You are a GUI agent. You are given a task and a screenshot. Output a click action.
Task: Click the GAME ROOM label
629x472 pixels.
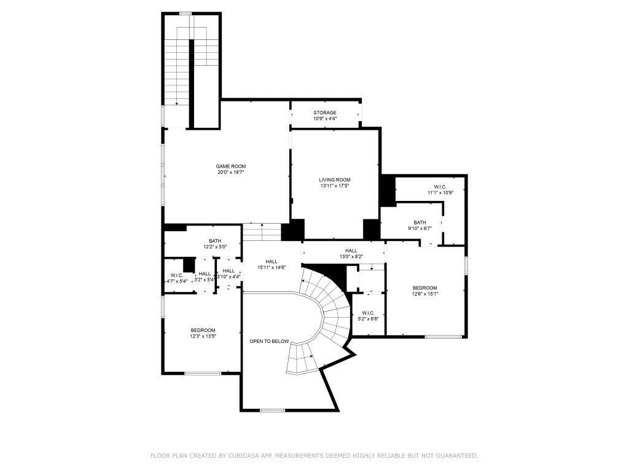pyautogui.click(x=231, y=166)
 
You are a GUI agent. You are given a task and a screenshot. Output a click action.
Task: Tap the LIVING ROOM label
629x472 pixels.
pyautogui.click(x=335, y=180)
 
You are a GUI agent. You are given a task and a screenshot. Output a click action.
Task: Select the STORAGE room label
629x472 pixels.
pyautogui.click(x=325, y=113)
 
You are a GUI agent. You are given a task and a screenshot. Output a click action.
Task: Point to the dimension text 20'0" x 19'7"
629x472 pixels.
pyautogui.click(x=231, y=172)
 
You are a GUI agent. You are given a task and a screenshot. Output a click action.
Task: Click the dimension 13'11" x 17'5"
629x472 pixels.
pyautogui.click(x=335, y=186)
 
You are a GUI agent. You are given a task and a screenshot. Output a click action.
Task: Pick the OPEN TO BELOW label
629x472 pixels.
pyautogui.click(x=269, y=342)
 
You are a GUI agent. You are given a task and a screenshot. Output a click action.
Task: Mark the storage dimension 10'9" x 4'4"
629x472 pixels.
pyautogui.click(x=325, y=119)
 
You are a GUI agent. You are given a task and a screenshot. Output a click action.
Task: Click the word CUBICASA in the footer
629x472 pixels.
pyautogui.click(x=243, y=456)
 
